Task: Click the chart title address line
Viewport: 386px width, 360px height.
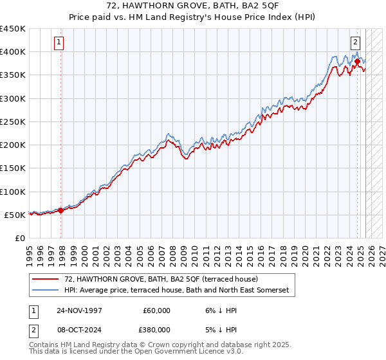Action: [193, 6]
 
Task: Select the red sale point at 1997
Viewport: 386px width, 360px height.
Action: [61, 210]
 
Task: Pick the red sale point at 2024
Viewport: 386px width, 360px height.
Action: [357, 61]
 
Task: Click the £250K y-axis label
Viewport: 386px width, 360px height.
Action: [13, 122]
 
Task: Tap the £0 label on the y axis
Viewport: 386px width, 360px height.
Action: [19, 238]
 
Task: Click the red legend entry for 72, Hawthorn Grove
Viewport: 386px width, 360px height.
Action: [161, 279]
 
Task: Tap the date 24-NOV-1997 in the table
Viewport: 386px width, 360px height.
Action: [79, 310]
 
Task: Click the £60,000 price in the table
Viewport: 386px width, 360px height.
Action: [156, 310]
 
